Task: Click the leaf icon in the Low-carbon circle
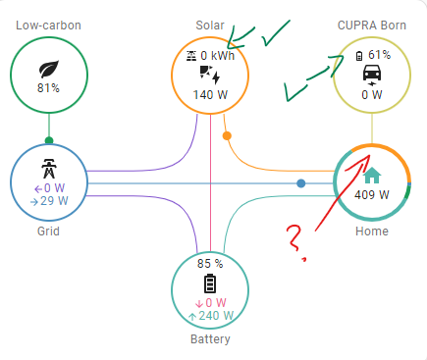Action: point(48,69)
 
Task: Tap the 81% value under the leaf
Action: point(48,88)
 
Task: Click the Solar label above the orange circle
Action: point(211,23)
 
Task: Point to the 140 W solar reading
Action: point(210,95)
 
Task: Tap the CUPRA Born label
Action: point(371,23)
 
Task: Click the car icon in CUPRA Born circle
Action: point(372,76)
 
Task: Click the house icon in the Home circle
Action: point(371,177)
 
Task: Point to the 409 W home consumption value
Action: point(371,194)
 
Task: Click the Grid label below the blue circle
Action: point(48,231)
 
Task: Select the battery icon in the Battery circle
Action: point(209,284)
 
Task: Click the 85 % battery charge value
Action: point(210,264)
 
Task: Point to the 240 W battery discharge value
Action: point(210,317)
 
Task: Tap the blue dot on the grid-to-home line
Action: point(301,183)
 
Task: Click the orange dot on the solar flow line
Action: point(228,135)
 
